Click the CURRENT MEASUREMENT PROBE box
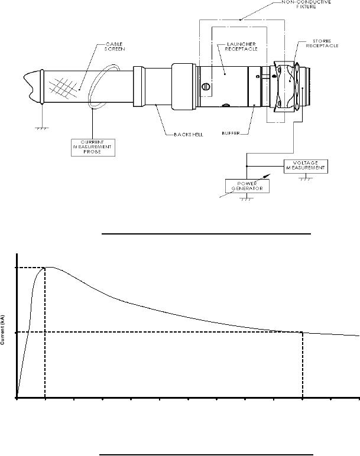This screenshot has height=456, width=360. [93, 148]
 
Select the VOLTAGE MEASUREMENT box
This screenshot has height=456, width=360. [306, 167]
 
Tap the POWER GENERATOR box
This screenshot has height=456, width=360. [247, 186]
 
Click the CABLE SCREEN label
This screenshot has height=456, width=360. [114, 47]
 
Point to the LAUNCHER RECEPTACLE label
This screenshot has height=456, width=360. [241, 47]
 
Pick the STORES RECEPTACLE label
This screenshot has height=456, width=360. [322, 43]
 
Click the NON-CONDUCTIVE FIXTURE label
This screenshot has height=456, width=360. [306, 4]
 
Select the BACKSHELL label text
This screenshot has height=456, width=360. [189, 135]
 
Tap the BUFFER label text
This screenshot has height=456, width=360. [231, 133]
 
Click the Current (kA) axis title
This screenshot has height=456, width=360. [2, 330]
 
